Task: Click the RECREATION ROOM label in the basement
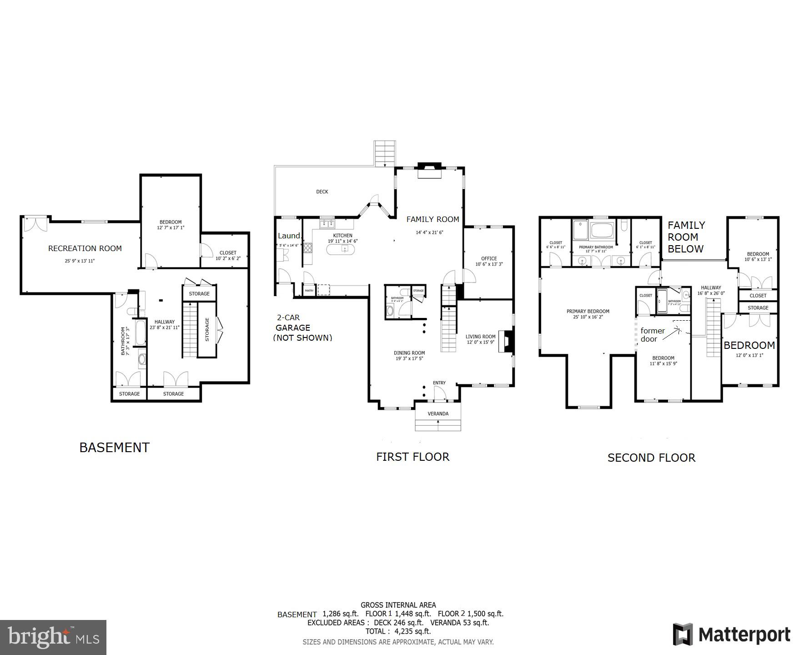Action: (x=85, y=248)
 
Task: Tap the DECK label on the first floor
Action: (x=322, y=192)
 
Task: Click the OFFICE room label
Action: (x=489, y=258)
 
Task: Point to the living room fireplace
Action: (x=507, y=342)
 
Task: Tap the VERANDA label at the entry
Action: (x=438, y=413)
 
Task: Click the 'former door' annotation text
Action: (x=652, y=335)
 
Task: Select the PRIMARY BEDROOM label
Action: (x=588, y=312)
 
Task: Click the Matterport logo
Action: (x=732, y=635)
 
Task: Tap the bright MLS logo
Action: (x=53, y=637)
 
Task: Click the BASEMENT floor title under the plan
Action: (x=114, y=448)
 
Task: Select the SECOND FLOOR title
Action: (x=651, y=458)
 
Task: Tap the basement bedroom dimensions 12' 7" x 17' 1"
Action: (x=171, y=228)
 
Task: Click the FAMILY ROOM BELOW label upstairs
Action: (x=686, y=237)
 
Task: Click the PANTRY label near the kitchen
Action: (x=309, y=291)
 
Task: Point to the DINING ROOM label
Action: (x=409, y=353)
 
